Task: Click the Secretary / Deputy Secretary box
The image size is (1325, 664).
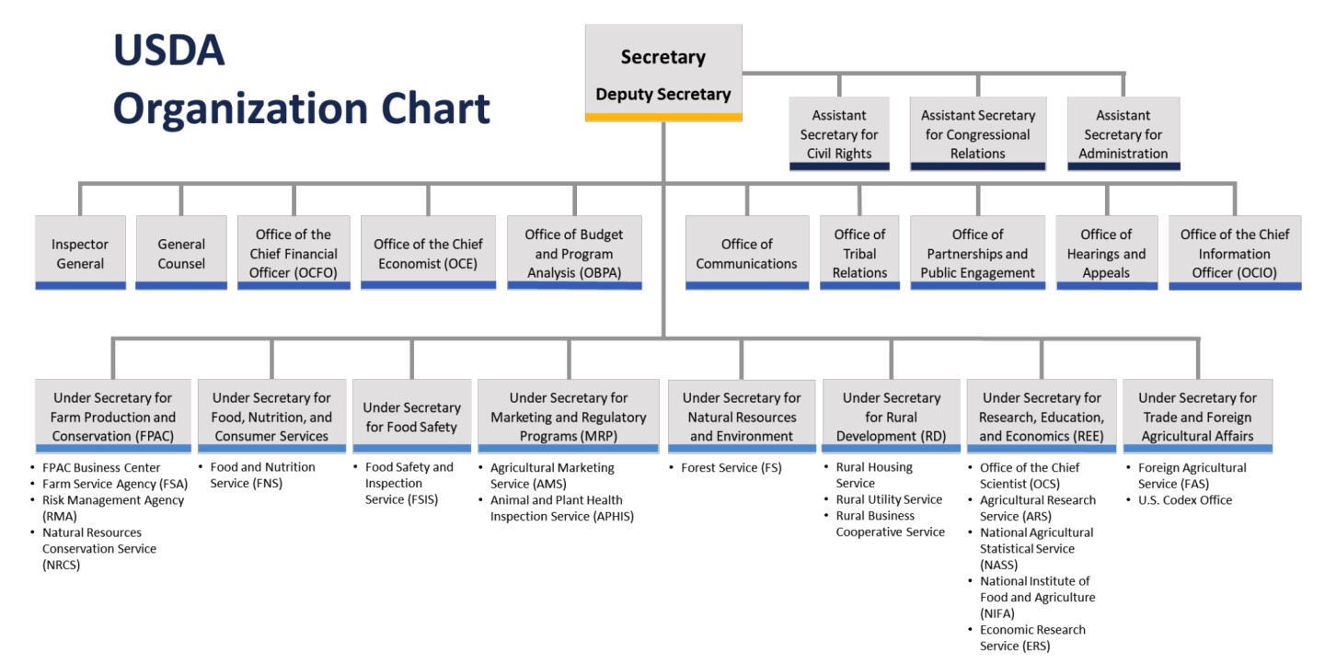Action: click(x=662, y=74)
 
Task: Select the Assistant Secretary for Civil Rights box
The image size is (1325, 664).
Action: click(x=839, y=134)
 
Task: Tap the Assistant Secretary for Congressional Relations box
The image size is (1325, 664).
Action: click(x=977, y=134)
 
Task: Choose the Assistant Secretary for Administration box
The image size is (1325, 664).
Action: click(x=1123, y=134)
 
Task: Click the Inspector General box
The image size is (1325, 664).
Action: click(x=80, y=254)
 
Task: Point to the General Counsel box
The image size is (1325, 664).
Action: click(x=181, y=254)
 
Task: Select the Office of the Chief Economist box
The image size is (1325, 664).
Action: click(x=428, y=254)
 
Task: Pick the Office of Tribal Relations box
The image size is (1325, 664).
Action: click(x=859, y=254)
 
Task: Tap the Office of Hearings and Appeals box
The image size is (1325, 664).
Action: click(x=1106, y=254)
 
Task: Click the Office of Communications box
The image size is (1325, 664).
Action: click(x=746, y=254)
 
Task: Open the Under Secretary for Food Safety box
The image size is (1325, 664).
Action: click(x=411, y=417)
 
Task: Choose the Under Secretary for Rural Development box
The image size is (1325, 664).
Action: click(x=891, y=417)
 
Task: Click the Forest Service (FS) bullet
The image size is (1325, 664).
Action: click(x=731, y=467)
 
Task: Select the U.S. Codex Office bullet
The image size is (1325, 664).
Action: click(x=1184, y=500)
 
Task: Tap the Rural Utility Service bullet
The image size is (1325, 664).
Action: click(x=888, y=499)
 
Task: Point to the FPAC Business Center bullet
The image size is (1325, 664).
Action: click(x=100, y=467)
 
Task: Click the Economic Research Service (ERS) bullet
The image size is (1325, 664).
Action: click(x=1031, y=637)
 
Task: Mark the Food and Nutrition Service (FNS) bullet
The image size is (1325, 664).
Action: click(x=261, y=475)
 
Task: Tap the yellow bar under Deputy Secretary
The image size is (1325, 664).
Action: click(x=662, y=117)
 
